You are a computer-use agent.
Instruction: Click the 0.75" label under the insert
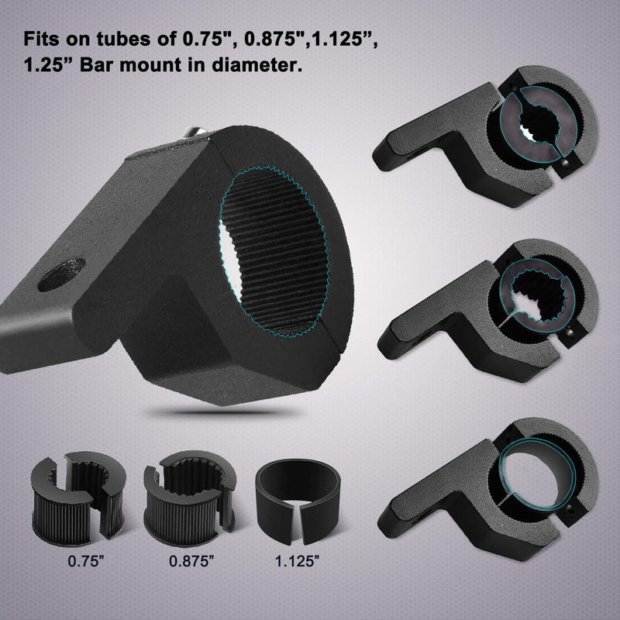click(x=86, y=560)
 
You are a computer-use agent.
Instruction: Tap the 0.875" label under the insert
click(x=191, y=560)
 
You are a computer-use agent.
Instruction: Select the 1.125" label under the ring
click(x=297, y=560)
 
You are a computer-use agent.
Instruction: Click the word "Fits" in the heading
click(x=42, y=39)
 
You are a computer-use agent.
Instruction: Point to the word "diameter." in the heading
click(x=257, y=64)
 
